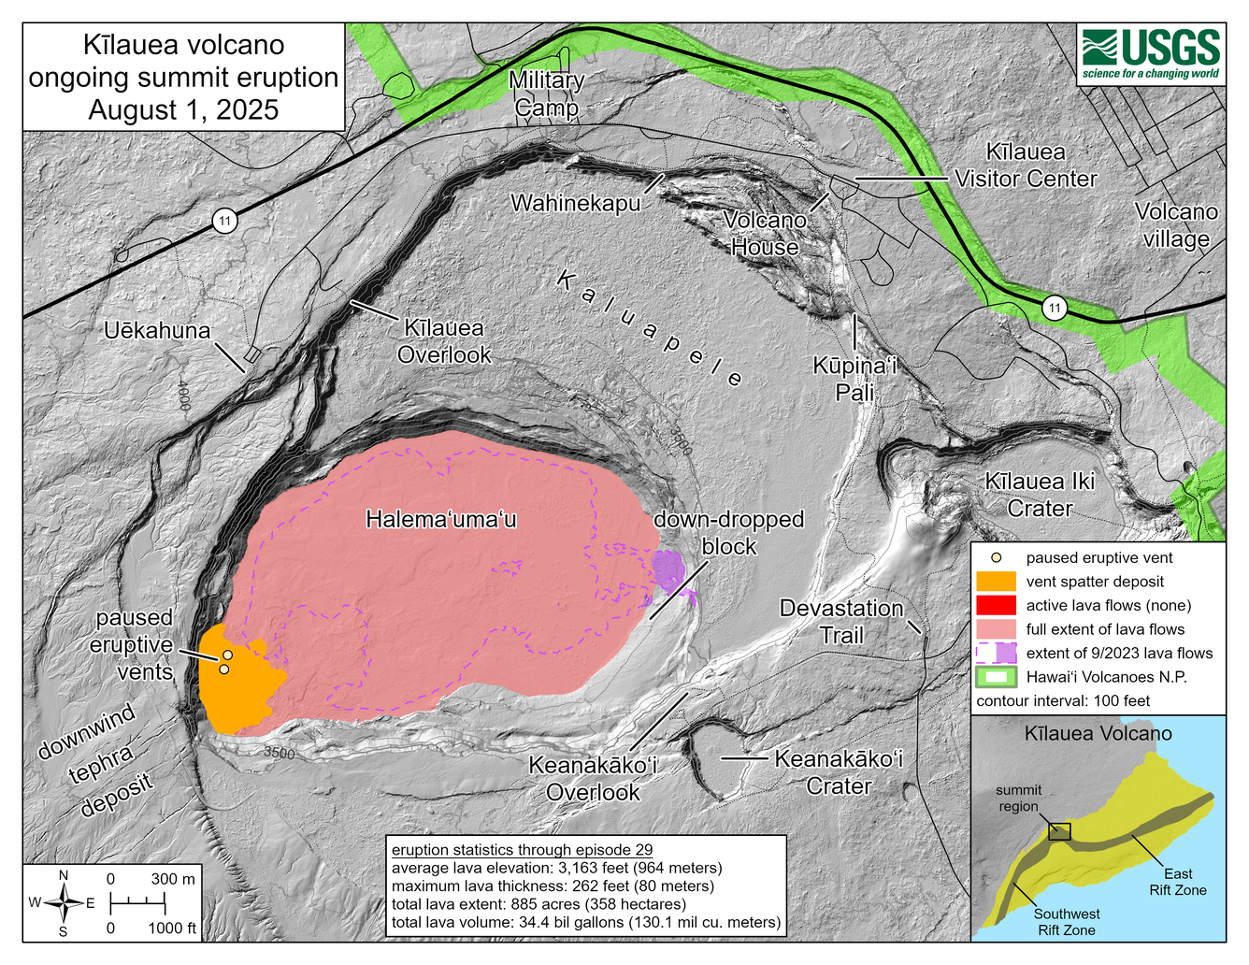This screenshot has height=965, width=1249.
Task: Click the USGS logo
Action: pyautogui.click(x=1151, y=54)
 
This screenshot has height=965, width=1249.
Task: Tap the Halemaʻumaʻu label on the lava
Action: pyautogui.click(x=440, y=519)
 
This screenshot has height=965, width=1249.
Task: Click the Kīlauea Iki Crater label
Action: pyautogui.click(x=1040, y=495)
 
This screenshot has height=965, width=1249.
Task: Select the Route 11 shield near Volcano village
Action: pyautogui.click(x=1055, y=309)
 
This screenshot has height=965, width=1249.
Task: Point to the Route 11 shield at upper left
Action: pyautogui.click(x=223, y=222)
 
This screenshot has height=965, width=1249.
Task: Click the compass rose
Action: pyautogui.click(x=63, y=903)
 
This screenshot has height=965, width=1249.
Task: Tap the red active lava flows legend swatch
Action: pyautogui.click(x=995, y=605)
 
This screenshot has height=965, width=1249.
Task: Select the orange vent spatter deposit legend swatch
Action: pyautogui.click(x=995, y=582)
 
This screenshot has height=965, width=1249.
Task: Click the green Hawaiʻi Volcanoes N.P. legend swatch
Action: pyautogui.click(x=995, y=677)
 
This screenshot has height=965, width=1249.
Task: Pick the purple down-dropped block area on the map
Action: pyautogui.click(x=668, y=569)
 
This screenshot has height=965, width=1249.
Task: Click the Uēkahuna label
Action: pyautogui.click(x=157, y=330)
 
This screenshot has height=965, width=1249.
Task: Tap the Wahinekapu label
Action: pyautogui.click(x=575, y=203)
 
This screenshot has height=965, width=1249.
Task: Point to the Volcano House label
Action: pyautogui.click(x=765, y=234)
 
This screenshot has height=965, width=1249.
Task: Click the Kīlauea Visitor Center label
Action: pyautogui.click(x=1026, y=166)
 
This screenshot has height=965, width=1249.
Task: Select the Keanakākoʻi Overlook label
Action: pyautogui.click(x=593, y=778)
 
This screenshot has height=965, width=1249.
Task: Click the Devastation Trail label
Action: pyautogui.click(x=840, y=622)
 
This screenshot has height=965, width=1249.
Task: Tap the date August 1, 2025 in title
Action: pyautogui.click(x=183, y=110)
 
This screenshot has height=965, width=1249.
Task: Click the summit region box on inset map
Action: pyautogui.click(x=1059, y=831)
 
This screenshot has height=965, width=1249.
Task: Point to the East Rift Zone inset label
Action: pyautogui.click(x=1177, y=882)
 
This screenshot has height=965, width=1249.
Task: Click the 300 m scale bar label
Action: pyautogui.click(x=173, y=879)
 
